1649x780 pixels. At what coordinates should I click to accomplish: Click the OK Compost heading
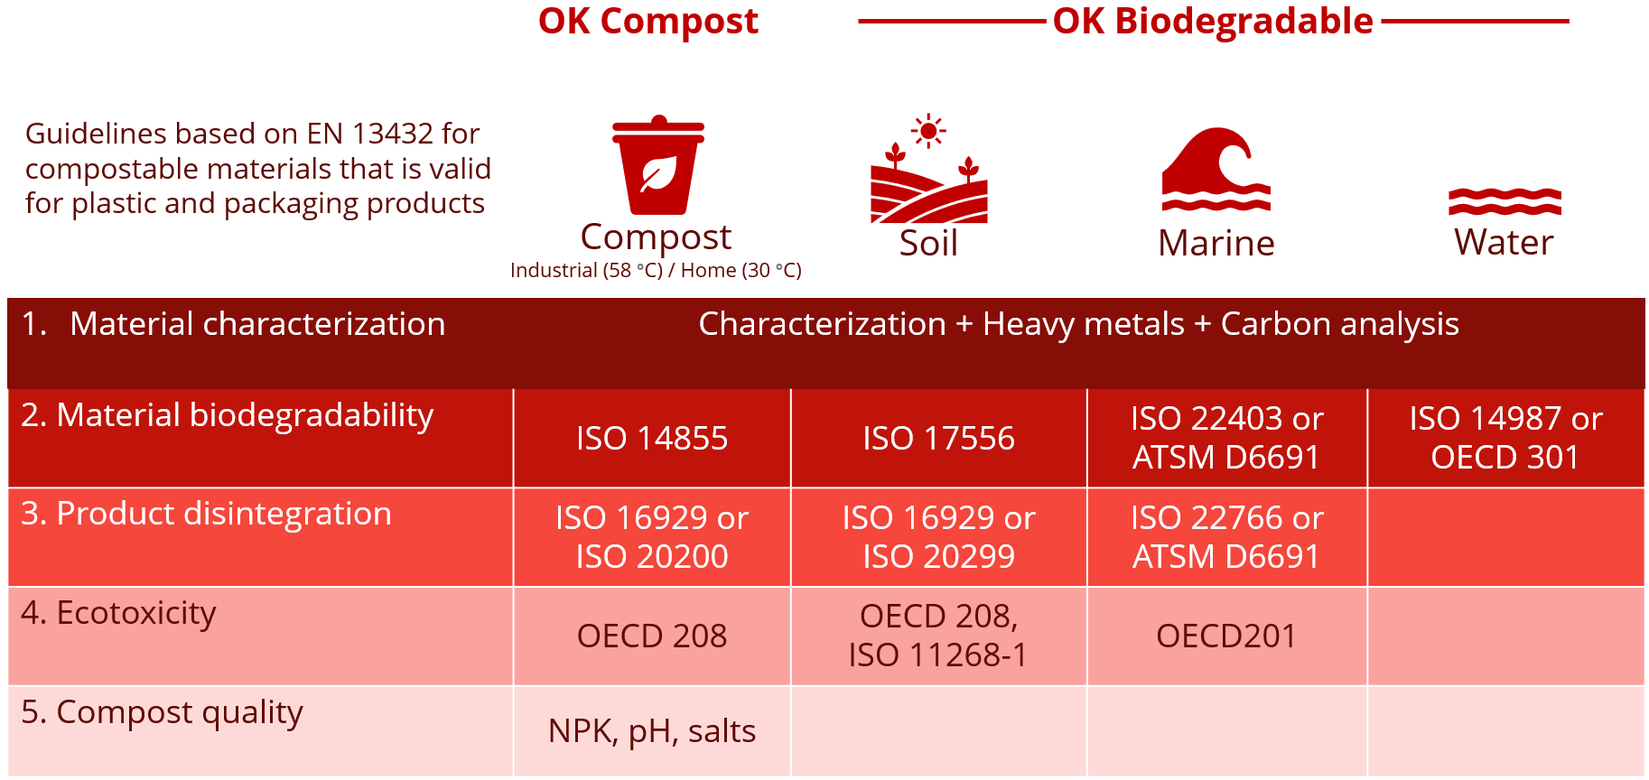click(647, 22)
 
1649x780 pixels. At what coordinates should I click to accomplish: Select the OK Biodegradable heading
click(1213, 22)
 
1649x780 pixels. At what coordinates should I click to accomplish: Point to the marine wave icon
click(1216, 170)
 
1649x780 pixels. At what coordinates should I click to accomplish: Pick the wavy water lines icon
click(1505, 201)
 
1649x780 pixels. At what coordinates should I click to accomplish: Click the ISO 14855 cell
click(652, 439)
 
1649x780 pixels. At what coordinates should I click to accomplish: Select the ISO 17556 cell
click(938, 439)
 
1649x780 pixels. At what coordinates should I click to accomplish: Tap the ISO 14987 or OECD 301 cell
click(1505, 438)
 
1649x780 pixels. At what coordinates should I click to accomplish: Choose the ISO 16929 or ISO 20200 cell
click(652, 537)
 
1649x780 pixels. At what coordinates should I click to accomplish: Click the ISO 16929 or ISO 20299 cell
click(938, 537)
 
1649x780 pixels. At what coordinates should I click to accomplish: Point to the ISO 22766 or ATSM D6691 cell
click(1226, 537)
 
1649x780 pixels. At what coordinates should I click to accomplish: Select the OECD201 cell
click(1226, 636)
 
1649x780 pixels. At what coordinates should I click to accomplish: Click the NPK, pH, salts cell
click(652, 731)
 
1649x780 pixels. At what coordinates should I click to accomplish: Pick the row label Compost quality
click(162, 712)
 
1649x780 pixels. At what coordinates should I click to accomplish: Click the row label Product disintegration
click(206, 514)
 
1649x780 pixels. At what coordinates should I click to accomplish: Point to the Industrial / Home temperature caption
click(656, 271)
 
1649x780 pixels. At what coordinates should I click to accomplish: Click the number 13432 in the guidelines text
click(393, 134)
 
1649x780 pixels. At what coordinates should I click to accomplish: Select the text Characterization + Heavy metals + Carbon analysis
click(1078, 324)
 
